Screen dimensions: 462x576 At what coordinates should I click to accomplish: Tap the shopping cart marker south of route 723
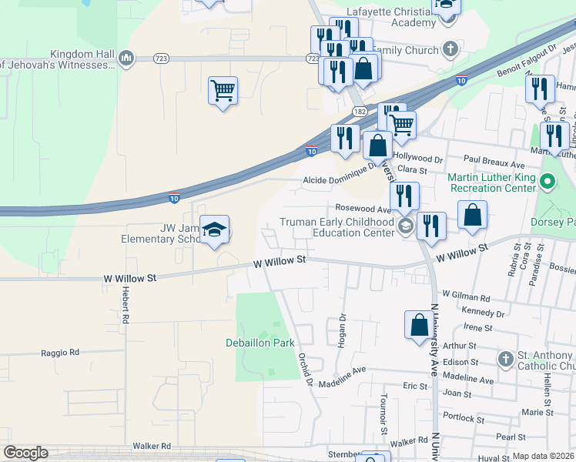pyautogui.click(x=223, y=91)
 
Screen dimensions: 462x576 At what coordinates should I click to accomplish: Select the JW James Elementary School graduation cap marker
pyautogui.click(x=215, y=229)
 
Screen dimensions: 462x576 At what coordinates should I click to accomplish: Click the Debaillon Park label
pyautogui.click(x=260, y=343)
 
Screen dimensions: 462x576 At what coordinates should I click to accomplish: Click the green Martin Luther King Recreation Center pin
pyautogui.click(x=548, y=183)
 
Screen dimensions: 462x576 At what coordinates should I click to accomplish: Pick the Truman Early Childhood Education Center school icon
pyautogui.click(x=405, y=226)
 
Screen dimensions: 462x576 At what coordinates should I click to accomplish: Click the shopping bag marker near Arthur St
pyautogui.click(x=420, y=324)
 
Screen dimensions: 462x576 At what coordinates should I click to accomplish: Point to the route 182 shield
pyautogui.click(x=360, y=112)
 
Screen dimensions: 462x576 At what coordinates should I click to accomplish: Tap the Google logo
pyautogui.click(x=25, y=453)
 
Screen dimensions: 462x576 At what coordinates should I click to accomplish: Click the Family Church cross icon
pyautogui.click(x=450, y=50)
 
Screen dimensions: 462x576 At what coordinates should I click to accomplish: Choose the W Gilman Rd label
pyautogui.click(x=466, y=296)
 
